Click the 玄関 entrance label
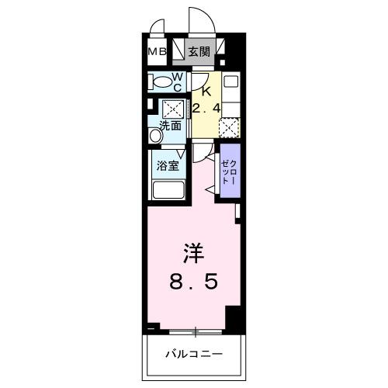199,53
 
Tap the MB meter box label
157,53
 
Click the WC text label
177,81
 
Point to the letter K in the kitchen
206,89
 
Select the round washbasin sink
155,136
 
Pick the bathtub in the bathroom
168,191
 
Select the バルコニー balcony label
194,355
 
